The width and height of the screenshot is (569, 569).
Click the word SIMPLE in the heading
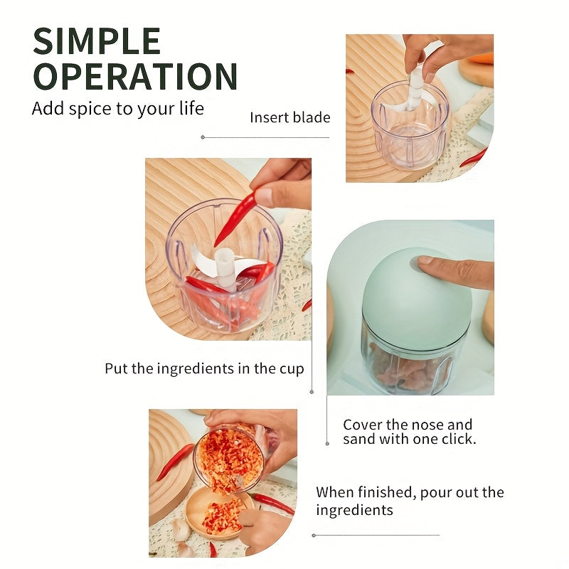point(97,43)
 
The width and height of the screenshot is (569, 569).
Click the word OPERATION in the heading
point(135,76)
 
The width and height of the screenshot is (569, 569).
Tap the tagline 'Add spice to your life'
point(118,109)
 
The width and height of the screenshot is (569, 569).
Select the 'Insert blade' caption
point(290,117)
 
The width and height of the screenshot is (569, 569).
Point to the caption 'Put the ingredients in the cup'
point(204,368)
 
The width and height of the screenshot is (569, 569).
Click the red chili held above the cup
point(237,217)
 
